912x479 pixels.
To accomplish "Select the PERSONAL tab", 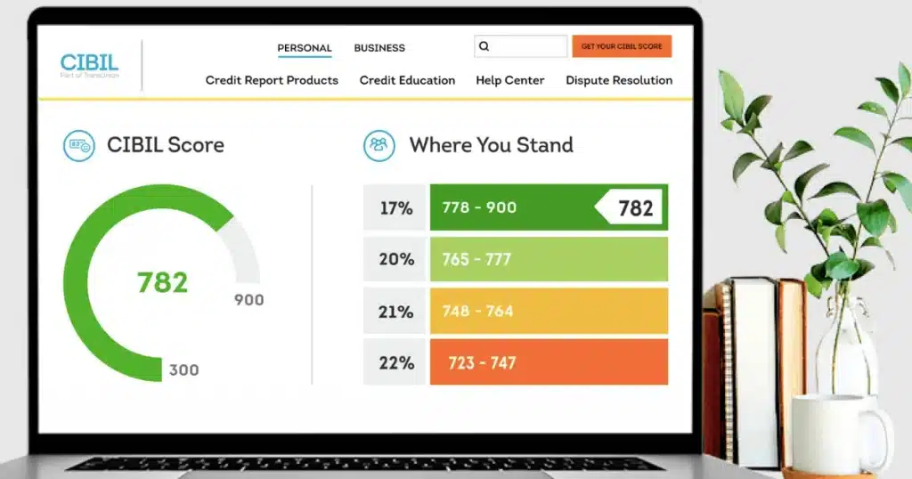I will tap(305, 48).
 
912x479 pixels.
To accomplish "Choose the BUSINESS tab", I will tap(379, 48).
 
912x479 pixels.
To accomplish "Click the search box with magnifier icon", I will tap(521, 46).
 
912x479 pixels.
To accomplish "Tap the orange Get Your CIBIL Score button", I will tap(622, 46).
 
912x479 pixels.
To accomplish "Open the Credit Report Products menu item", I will tap(272, 80).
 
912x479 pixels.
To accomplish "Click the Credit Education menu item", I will tap(407, 80).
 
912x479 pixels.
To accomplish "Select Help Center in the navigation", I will tap(509, 80).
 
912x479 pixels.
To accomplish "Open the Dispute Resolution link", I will tap(619, 80).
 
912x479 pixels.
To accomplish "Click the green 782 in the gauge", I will tap(162, 282).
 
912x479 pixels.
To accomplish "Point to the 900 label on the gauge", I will tap(248, 300).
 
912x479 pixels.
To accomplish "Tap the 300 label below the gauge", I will tap(183, 369).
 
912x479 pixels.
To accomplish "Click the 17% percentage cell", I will tap(395, 208).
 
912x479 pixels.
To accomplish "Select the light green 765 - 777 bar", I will tap(549, 259).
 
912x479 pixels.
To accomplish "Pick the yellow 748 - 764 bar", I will tap(549, 312).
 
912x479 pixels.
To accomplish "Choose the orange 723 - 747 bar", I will tap(549, 363).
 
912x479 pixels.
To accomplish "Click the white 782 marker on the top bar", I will tap(633, 208).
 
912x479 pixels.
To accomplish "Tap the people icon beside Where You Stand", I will tap(379, 145).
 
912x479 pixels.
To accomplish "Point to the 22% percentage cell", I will tap(395, 363).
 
